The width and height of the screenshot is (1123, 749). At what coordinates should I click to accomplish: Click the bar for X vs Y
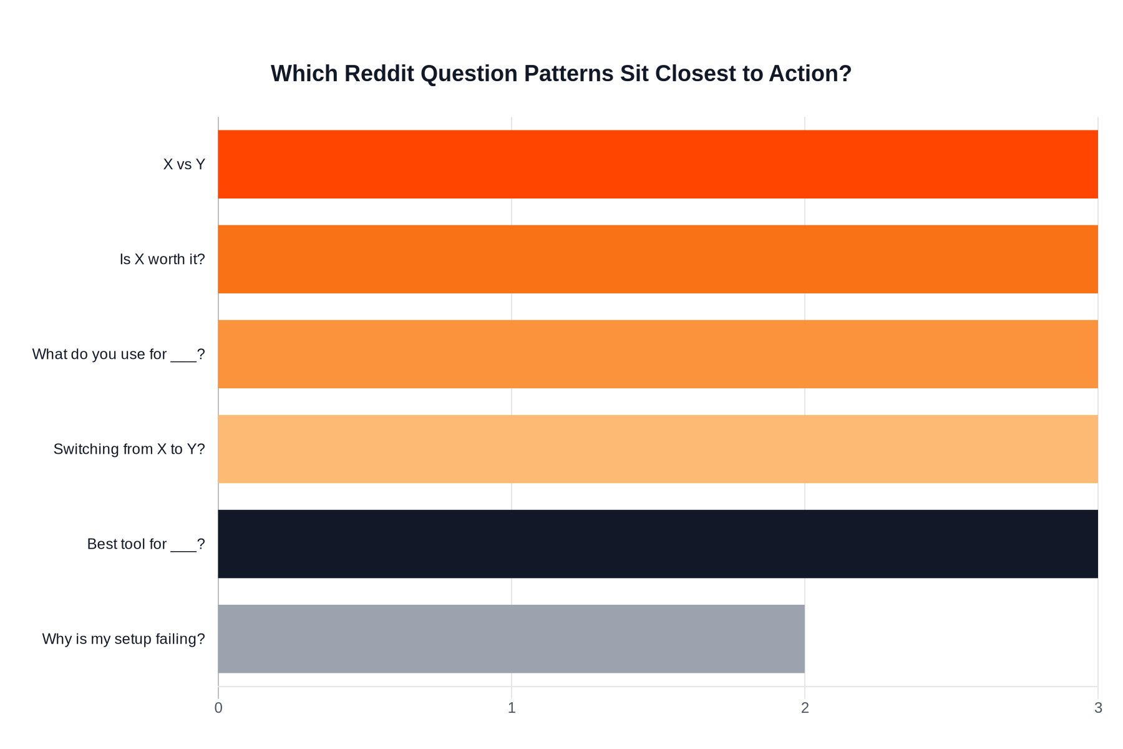pos(658,164)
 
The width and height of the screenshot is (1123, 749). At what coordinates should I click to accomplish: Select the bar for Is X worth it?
pos(658,259)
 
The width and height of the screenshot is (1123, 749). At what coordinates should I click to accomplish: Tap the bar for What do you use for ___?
pos(658,354)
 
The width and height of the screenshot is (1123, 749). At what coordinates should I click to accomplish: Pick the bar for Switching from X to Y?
pos(658,449)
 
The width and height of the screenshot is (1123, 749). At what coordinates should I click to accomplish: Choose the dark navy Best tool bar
pos(658,544)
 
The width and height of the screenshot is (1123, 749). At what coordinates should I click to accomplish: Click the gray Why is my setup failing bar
pos(511,639)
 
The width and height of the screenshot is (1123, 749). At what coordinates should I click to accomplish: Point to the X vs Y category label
pos(184,165)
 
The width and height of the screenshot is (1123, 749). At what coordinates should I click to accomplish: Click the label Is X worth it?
pos(162,260)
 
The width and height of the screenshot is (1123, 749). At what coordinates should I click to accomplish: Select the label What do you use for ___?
pos(119,355)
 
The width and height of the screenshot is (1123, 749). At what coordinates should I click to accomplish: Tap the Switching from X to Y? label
pos(129,449)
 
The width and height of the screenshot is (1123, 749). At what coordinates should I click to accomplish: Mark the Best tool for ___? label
pos(146,544)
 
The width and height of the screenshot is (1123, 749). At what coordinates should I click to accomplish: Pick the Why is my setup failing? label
pos(124,639)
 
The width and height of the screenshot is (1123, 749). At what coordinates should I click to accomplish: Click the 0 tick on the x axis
pos(218,708)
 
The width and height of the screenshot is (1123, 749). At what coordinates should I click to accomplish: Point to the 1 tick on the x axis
pos(512,708)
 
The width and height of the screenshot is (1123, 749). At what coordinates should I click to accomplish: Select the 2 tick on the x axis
pos(805,708)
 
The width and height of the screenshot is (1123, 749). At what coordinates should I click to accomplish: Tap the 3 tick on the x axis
pos(1098,708)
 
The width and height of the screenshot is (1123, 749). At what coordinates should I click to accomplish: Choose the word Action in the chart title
pos(810,74)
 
